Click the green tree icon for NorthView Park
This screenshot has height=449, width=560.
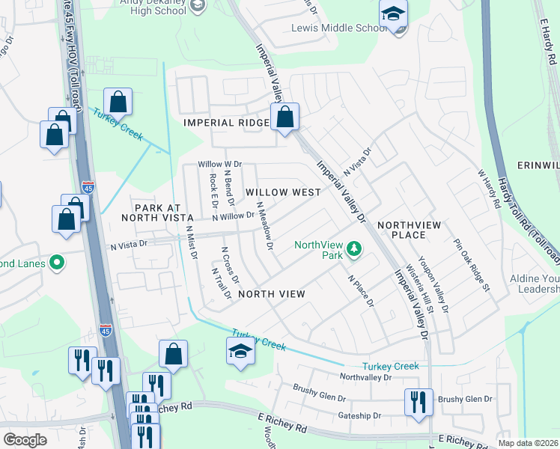pos(355,250)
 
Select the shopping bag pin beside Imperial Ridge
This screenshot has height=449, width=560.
pos(284,117)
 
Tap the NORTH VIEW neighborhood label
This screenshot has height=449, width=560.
pos(271,294)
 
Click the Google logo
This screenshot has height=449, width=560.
pos(25,440)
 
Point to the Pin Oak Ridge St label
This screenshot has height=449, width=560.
pos(471,265)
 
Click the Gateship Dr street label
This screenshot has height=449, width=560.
pos(360,415)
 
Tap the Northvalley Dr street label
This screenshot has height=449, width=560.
pos(365,378)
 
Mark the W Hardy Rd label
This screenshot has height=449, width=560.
pos(489,188)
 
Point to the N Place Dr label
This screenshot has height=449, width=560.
pos(361,290)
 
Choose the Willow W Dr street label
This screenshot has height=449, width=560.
pos(219,164)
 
